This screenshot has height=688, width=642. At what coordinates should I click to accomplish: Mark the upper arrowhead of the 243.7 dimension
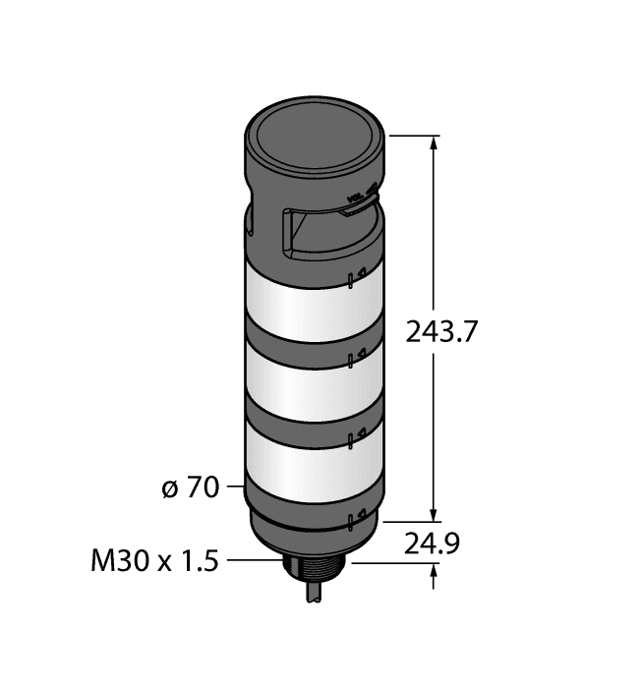coord(434,143)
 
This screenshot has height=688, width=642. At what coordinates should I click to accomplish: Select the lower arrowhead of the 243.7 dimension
coord(434,512)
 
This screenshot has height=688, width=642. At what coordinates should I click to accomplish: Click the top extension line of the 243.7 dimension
coord(413,135)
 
